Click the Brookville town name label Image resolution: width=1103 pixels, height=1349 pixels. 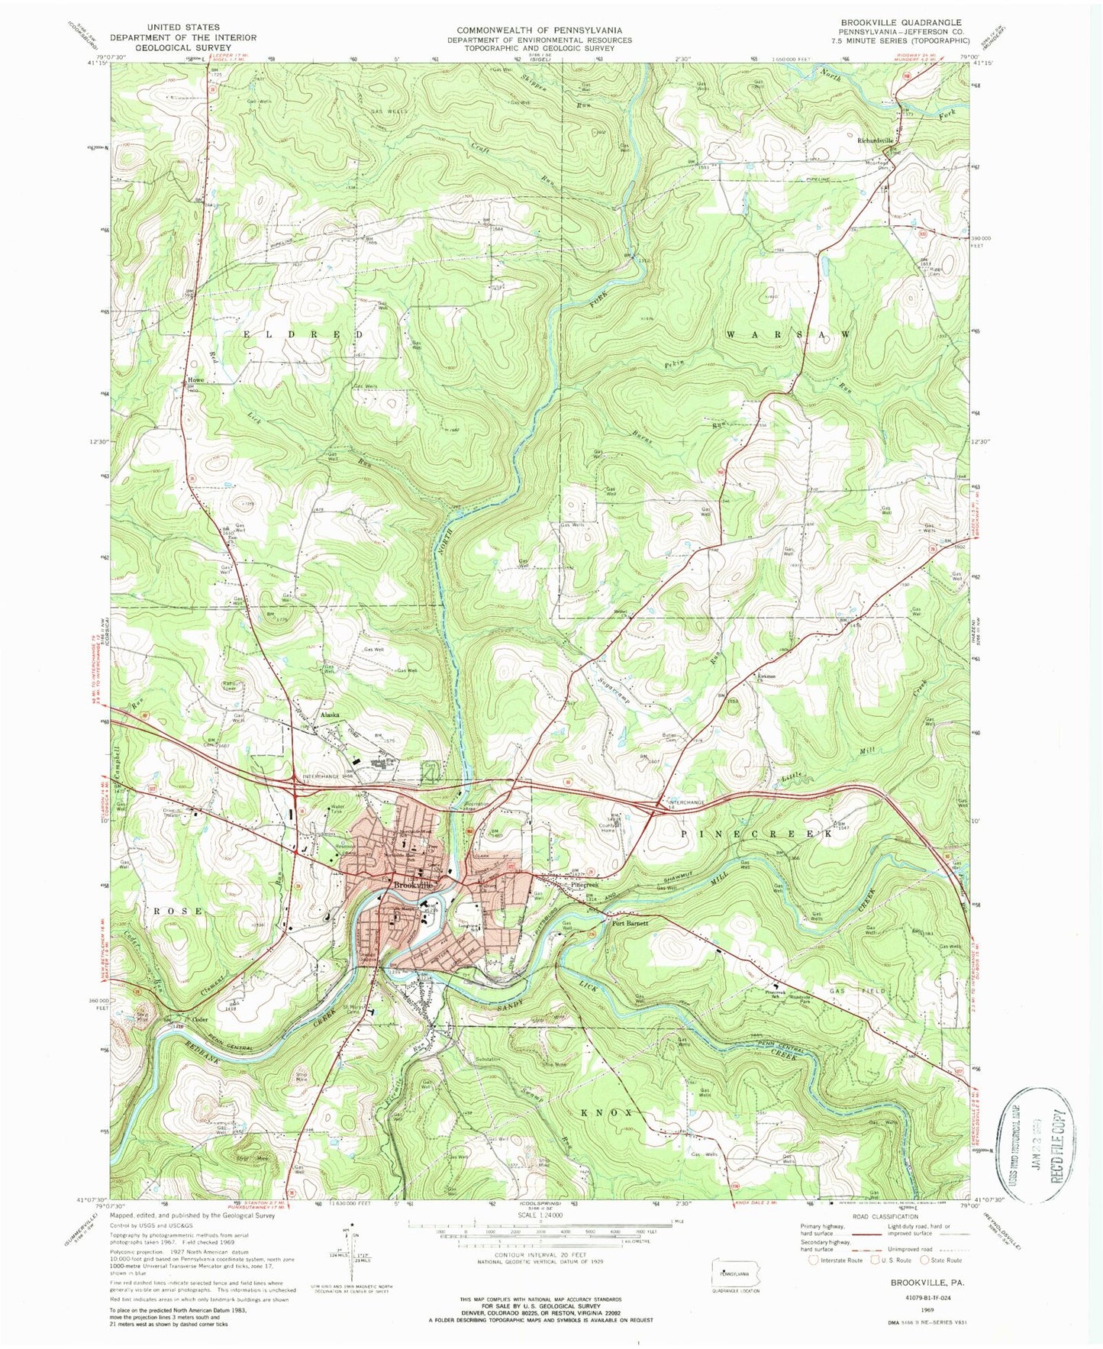tap(413, 884)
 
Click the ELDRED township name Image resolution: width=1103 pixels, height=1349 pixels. tap(304, 335)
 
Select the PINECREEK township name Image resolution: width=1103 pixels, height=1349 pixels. tap(756, 834)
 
